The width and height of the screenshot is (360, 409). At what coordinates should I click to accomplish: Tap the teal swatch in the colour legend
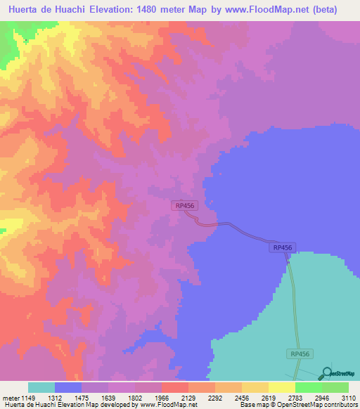coord(41,387)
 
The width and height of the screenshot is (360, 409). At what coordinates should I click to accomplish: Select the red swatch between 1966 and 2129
coord(174,387)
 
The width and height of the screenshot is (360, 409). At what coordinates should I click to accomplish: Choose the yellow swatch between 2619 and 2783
coord(281,387)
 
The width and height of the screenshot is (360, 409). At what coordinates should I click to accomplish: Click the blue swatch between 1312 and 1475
coord(68,387)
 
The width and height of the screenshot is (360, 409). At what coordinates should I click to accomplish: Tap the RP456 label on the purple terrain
coord(184,205)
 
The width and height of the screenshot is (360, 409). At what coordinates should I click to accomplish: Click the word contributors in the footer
coord(342,404)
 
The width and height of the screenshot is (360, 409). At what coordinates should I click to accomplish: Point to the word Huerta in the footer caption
coord(14,404)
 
